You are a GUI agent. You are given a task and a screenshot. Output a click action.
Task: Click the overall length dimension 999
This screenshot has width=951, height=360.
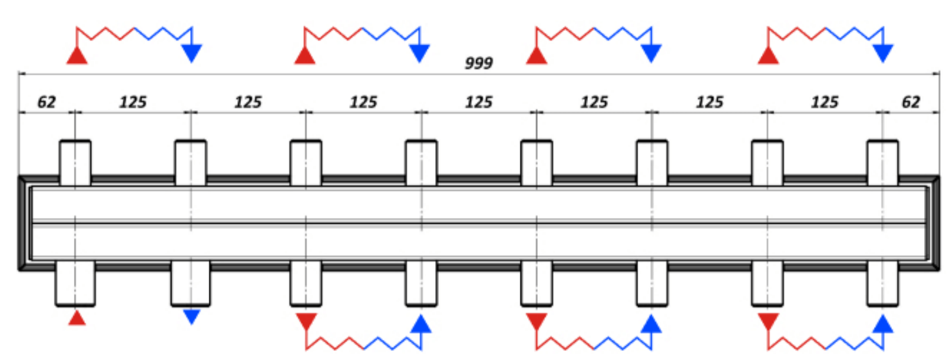(479, 63)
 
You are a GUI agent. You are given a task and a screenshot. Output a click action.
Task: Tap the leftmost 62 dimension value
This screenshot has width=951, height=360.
(46, 102)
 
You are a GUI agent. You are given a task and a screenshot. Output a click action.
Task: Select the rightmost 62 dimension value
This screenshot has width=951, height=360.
(911, 102)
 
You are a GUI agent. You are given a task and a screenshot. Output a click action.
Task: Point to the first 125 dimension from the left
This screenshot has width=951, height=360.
(133, 102)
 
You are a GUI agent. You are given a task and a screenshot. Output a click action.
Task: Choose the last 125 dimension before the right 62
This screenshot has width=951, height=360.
(825, 102)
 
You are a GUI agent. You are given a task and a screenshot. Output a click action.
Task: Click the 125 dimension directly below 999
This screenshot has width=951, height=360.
(479, 102)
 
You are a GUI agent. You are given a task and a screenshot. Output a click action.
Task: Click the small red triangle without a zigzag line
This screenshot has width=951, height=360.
(77, 318)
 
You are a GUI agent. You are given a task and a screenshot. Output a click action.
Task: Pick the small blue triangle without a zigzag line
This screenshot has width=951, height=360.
(191, 317)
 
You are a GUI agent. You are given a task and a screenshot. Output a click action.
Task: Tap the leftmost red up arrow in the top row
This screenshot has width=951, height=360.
(77, 55)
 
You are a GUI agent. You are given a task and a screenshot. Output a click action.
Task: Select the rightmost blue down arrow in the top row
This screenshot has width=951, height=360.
(883, 53)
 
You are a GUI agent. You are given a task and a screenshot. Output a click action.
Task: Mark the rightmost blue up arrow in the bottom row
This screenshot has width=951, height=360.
(883, 323)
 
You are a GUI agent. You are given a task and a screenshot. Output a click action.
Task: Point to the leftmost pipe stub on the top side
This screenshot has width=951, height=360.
(75, 163)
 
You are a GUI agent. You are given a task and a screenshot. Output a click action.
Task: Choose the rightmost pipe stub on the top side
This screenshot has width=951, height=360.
(883, 163)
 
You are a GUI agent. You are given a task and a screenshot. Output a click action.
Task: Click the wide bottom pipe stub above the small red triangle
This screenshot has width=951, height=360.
(75, 283)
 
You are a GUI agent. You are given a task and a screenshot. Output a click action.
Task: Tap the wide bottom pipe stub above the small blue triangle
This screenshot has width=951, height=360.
(191, 283)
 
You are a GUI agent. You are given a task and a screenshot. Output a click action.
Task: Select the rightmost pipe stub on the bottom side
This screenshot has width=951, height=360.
(883, 283)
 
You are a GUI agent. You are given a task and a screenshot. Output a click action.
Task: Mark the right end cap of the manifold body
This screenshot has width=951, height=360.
(934, 223)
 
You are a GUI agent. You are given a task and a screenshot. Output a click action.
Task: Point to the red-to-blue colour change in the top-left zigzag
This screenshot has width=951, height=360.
(134, 28)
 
